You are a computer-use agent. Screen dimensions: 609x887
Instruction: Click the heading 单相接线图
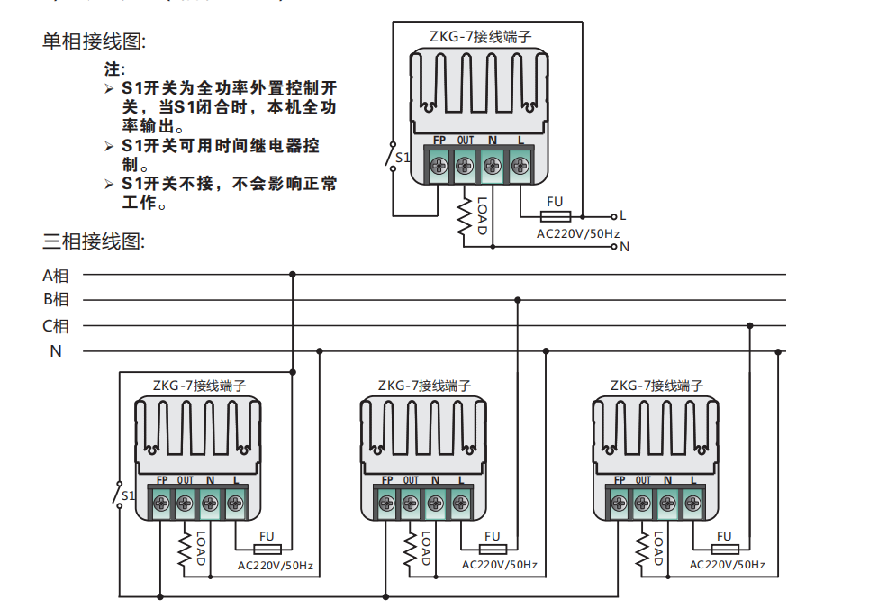94,41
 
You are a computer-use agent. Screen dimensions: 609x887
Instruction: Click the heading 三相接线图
94,241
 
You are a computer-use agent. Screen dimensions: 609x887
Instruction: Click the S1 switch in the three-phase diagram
120,495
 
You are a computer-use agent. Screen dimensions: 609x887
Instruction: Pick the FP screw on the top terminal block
440,166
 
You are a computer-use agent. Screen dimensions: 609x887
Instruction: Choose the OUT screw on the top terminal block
466,166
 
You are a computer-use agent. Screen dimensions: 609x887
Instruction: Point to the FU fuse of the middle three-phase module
492,549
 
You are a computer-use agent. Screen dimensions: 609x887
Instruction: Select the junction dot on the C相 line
750,326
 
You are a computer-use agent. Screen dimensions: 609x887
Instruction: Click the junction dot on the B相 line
517,300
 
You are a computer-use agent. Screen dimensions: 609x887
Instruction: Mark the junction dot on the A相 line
292,274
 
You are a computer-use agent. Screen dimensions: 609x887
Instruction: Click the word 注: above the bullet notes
114,68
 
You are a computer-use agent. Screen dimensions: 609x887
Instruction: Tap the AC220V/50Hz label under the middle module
499,565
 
